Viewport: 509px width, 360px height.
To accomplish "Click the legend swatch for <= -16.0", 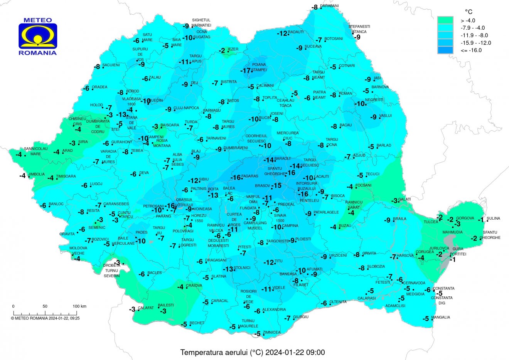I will [445, 50].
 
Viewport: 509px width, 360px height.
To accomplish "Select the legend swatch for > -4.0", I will [445, 20].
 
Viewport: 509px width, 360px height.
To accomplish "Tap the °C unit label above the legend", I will [468, 12].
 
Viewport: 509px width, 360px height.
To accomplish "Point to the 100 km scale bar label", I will [79, 306].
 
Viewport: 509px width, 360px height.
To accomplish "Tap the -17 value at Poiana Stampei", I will [245, 71].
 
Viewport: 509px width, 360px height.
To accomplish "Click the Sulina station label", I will [493, 219].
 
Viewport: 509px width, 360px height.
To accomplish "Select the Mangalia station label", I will [441, 318].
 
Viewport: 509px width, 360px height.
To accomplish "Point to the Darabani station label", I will [330, 6].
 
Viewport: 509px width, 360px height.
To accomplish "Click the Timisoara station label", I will [66, 177].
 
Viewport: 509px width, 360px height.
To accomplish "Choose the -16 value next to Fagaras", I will [235, 178].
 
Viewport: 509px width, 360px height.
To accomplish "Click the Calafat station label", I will [146, 308].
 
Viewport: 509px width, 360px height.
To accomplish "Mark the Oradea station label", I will [99, 87].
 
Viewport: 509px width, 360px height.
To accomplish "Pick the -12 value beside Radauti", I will [282, 34].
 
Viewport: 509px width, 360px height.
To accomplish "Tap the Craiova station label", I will [194, 286].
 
